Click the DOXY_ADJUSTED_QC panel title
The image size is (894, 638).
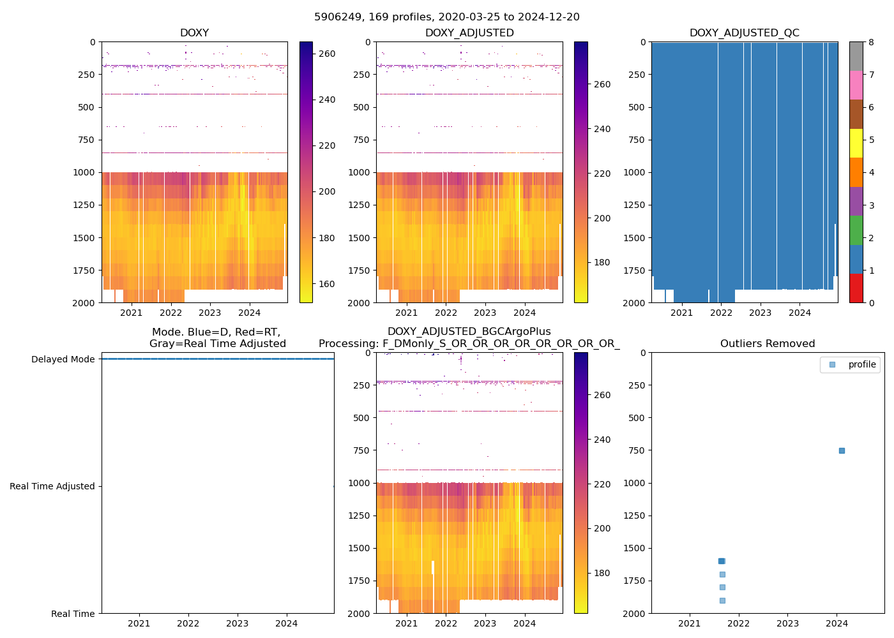point(744,33)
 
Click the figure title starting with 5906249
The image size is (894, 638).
point(447,17)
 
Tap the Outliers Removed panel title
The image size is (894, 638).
point(768,344)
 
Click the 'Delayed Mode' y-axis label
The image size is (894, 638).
point(63,359)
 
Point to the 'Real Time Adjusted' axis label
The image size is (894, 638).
point(52,486)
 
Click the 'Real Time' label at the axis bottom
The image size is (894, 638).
point(73,614)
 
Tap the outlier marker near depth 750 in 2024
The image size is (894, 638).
point(842,450)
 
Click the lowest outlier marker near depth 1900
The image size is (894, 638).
point(722,600)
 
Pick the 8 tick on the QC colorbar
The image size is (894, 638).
point(871,42)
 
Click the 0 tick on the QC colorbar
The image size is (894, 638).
point(871,302)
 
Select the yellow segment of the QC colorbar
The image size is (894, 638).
point(856,143)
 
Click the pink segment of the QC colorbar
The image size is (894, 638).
point(856,85)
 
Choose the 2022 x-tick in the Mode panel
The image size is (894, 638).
point(188,623)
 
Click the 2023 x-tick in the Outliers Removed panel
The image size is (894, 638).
point(787,623)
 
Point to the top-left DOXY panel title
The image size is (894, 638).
point(194,33)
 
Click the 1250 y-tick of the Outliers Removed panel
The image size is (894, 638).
point(634,516)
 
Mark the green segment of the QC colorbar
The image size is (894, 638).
point(856,230)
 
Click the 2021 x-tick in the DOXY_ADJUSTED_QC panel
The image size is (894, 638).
point(681,313)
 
